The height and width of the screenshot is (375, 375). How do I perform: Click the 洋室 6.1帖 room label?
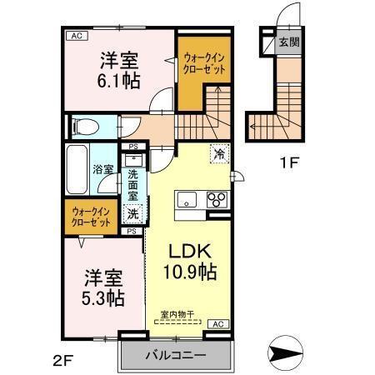point(120,70)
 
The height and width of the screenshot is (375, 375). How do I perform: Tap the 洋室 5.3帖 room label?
point(104,286)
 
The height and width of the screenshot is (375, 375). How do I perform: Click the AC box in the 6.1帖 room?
point(77,36)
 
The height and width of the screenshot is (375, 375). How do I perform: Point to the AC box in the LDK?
point(217,323)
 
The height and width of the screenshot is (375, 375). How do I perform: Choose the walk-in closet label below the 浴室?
point(90,216)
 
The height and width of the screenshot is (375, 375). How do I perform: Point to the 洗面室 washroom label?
point(132,185)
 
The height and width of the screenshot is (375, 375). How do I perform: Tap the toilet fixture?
point(84,126)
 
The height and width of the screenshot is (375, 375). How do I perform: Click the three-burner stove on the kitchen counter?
point(217,199)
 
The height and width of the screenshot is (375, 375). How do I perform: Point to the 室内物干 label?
point(177,314)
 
